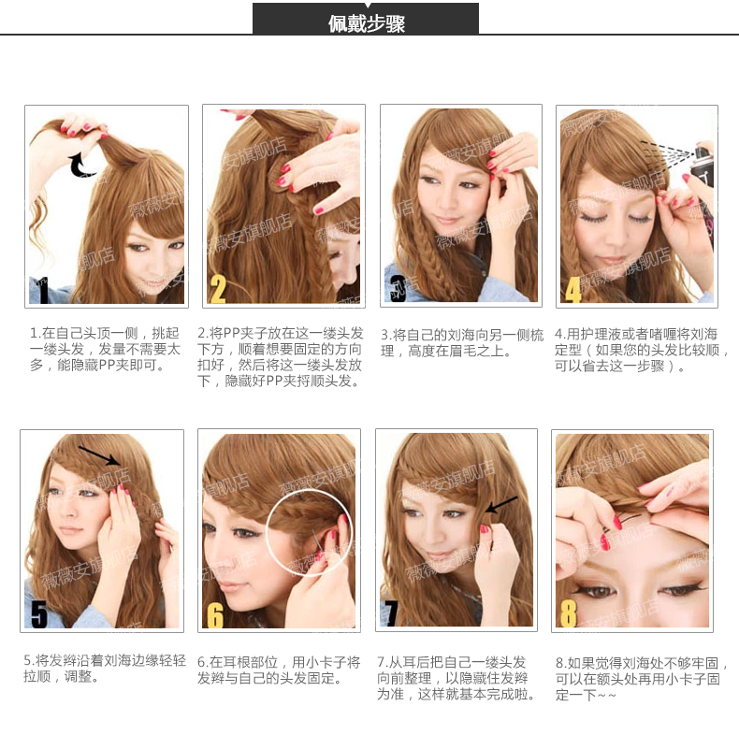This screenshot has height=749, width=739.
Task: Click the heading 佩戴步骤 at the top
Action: [x=367, y=23]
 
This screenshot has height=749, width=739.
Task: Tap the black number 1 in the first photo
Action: [x=44, y=290]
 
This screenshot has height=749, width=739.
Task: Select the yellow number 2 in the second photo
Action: [x=218, y=289]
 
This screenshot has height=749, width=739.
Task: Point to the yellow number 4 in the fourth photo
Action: [x=573, y=289]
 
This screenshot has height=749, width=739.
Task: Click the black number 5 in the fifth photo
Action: [x=39, y=613]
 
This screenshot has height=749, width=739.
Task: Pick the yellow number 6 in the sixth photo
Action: [x=215, y=614]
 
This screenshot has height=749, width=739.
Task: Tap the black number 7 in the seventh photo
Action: [x=390, y=612]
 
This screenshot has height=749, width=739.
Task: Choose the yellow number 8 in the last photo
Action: [x=568, y=613]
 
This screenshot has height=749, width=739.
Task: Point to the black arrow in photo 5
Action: [x=99, y=455]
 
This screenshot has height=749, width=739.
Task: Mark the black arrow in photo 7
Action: [x=502, y=504]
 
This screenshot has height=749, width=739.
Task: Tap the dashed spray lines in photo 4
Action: [x=667, y=153]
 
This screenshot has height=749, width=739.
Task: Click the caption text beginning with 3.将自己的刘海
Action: [x=462, y=342]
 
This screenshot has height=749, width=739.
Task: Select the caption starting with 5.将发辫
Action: [x=105, y=669]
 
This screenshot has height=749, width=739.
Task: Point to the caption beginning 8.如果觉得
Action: [x=642, y=679]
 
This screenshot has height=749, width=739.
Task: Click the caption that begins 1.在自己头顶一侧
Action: [x=105, y=349]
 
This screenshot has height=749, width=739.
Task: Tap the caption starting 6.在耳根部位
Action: [x=279, y=670]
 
